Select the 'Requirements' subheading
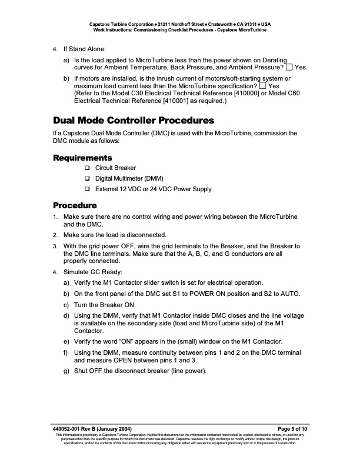point(82,158)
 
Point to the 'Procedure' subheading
point(75,205)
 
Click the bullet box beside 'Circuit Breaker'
point(86,168)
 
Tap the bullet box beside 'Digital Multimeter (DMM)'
point(86,179)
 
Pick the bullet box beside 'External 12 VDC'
point(86,189)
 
